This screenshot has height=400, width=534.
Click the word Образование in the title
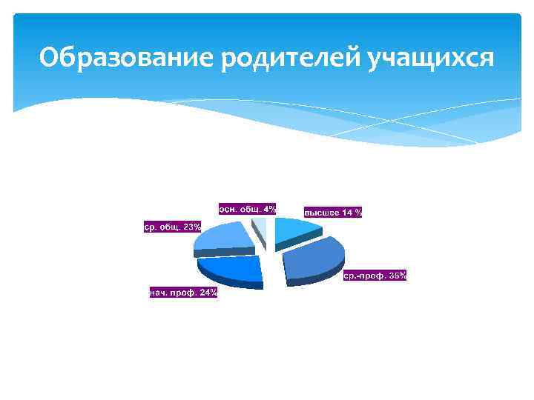pyautogui.click(x=126, y=57)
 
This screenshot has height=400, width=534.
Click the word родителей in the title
pyautogui.click(x=290, y=57)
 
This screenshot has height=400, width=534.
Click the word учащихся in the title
pyautogui.click(x=430, y=57)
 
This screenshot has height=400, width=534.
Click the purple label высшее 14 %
pyautogui.click(x=333, y=213)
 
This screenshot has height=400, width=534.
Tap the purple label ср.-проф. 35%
pyautogui.click(x=375, y=276)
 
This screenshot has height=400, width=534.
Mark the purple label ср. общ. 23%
pyautogui.click(x=172, y=227)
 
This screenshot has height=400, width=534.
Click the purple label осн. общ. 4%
pyautogui.click(x=247, y=209)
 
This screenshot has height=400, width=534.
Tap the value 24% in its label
pyautogui.click(x=208, y=293)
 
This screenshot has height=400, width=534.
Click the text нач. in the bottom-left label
pyautogui.click(x=159, y=293)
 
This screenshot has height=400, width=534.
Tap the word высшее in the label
pyautogui.click(x=321, y=213)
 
